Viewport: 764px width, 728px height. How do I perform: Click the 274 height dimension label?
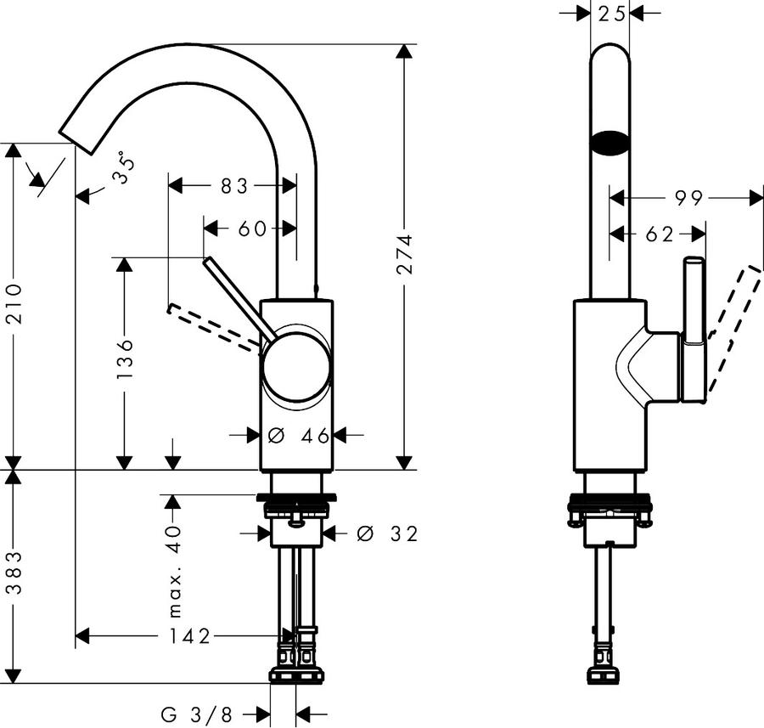pos(405,253)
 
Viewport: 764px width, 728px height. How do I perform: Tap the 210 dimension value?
pos(14,304)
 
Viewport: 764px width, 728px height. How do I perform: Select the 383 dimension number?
pos(14,573)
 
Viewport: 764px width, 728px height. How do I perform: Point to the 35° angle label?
pos(122,167)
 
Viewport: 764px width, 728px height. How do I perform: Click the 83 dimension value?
pos(234,186)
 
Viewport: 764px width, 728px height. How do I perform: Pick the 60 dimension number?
pos(252,229)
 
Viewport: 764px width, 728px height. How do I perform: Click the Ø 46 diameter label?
pos(299,436)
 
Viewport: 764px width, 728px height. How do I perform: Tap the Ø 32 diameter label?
pos(387,533)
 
